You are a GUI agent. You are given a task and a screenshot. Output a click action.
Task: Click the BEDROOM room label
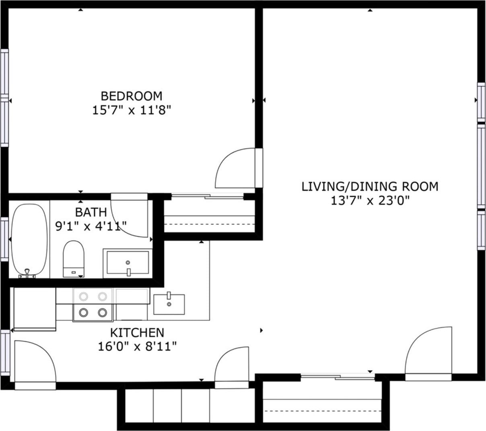(x=132, y=96)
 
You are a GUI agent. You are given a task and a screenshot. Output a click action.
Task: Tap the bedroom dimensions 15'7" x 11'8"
(x=132, y=110)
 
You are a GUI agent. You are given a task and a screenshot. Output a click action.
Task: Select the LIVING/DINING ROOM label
(x=370, y=186)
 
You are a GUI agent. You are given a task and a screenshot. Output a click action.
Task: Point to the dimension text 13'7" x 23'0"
(x=370, y=201)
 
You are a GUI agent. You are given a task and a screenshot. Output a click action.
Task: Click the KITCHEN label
(x=137, y=333)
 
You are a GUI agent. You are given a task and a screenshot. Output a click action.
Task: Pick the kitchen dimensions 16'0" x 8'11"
(x=137, y=347)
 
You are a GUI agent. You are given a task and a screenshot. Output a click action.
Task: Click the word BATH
(x=91, y=212)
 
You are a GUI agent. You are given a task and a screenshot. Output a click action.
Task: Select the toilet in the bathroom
(x=73, y=259)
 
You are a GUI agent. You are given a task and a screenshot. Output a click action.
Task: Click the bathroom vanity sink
(x=128, y=263)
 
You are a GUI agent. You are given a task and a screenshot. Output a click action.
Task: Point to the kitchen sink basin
(x=169, y=305)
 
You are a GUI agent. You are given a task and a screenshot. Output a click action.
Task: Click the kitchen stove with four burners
(x=93, y=305)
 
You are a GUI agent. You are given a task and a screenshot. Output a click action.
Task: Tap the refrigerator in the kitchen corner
(x=35, y=309)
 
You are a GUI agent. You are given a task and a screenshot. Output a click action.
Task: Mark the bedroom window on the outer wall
(x=4, y=98)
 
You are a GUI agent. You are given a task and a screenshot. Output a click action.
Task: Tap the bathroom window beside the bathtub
(x=4, y=239)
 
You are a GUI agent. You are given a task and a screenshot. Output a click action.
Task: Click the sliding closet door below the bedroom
(x=208, y=197)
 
